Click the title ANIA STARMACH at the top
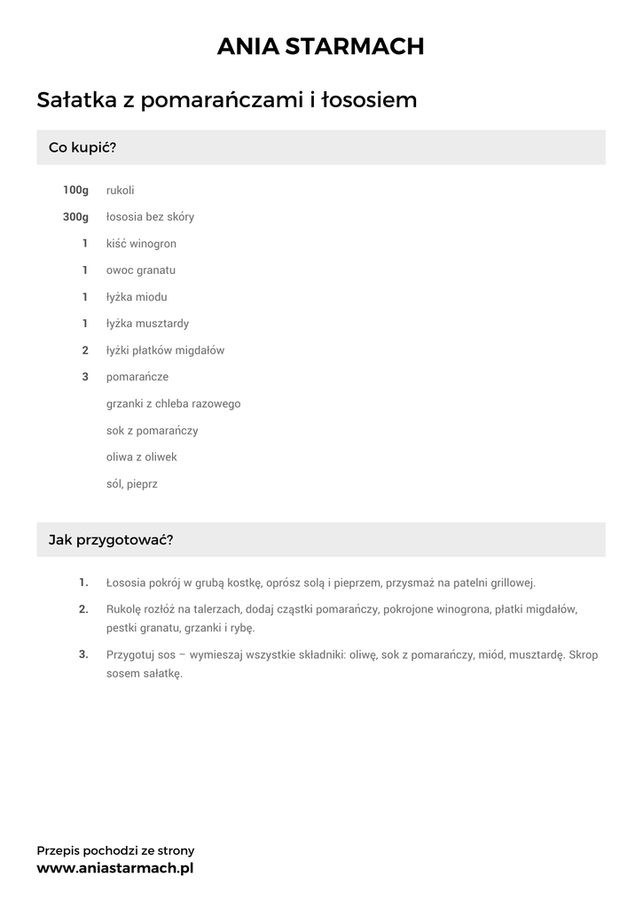tap(321, 46)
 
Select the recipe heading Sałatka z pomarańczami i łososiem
tap(227, 100)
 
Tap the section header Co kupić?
tap(82, 147)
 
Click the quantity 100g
tap(76, 190)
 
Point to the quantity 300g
tap(76, 216)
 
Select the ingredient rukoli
tap(121, 190)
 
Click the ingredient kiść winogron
tap(141, 243)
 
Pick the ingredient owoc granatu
tap(141, 270)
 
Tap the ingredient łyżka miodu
tap(137, 297)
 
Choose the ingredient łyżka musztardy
tap(147, 324)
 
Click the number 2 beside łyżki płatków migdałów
tap(85, 350)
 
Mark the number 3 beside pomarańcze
tap(85, 377)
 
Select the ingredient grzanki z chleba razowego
tap(173, 403)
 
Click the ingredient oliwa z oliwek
tap(142, 457)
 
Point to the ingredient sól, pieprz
tap(132, 484)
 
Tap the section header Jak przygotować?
tap(111, 539)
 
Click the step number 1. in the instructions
tap(83, 583)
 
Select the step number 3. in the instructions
tap(83, 654)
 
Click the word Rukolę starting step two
tap(123, 610)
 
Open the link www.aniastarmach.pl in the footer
tap(115, 868)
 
